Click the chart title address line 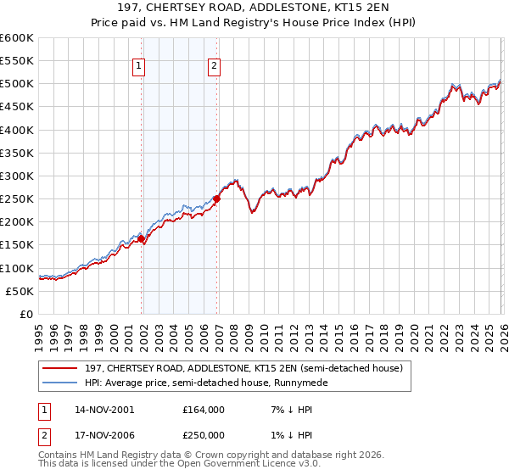[255, 8]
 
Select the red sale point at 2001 [142, 238]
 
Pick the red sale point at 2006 [216, 199]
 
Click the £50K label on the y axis [20, 291]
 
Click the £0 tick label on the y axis [25, 314]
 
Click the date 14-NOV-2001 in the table [104, 410]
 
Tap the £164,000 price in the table [203, 410]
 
